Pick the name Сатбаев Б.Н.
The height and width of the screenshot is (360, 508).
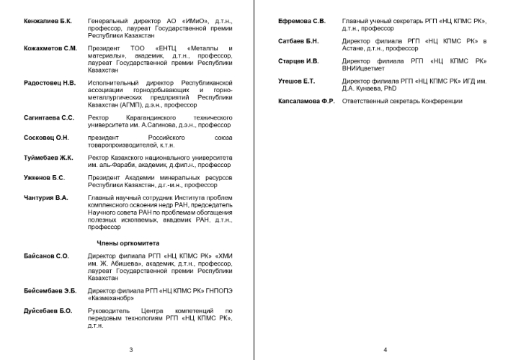(298, 42)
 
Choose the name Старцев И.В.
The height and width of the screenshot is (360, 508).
(298, 61)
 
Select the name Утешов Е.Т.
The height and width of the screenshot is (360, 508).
(297, 81)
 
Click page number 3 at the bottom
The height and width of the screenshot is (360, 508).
(130, 350)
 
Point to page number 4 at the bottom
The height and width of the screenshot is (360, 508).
(386, 350)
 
